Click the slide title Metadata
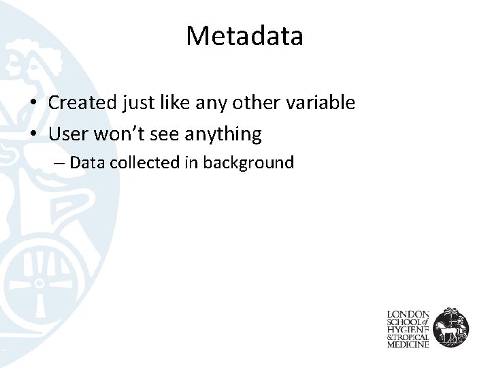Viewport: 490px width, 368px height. [244, 36]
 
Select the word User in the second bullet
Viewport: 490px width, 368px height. [69, 134]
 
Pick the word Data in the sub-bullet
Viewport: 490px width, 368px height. [84, 163]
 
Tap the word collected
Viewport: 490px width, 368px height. [132, 163]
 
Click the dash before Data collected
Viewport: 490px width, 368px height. [61, 164]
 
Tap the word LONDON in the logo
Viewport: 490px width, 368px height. [408, 315]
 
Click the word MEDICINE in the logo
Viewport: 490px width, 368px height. [408, 345]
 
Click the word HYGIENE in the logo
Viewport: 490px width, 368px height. [409, 330]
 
